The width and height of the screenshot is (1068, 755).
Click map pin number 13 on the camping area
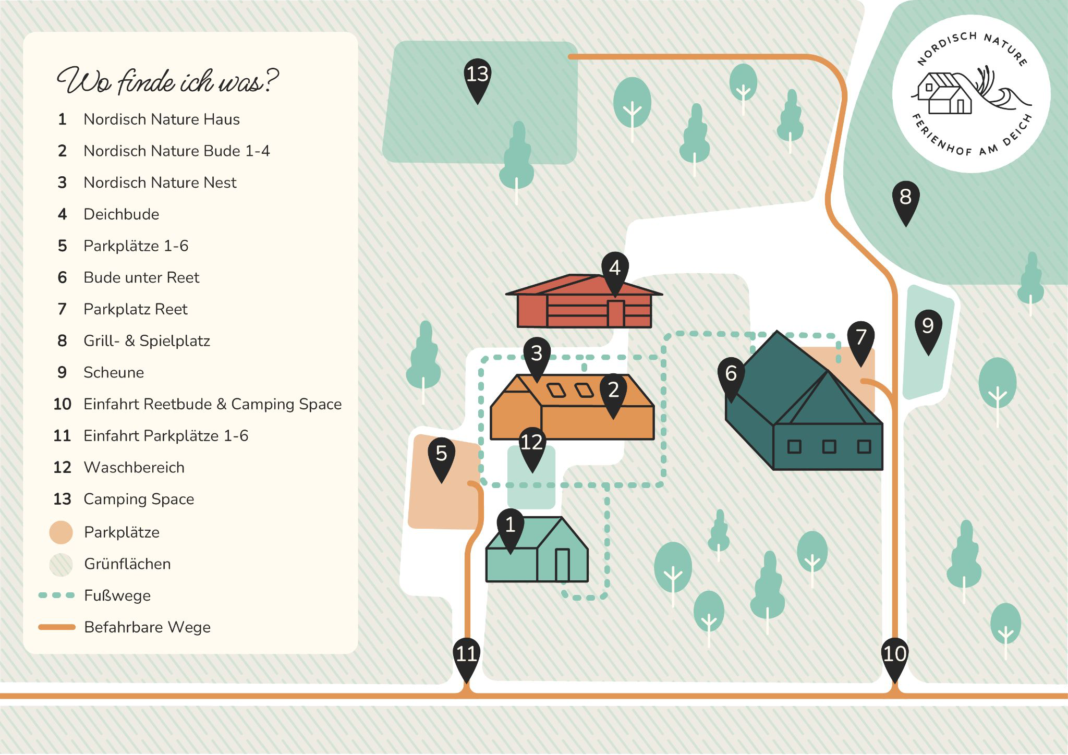click(x=477, y=81)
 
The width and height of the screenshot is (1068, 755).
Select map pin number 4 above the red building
click(x=615, y=274)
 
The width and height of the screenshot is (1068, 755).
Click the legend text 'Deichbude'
click(x=121, y=214)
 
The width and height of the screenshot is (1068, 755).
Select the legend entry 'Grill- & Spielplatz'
click(x=147, y=341)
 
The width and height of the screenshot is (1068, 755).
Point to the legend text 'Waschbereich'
click(x=134, y=468)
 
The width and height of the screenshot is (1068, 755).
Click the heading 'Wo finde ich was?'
click(x=167, y=81)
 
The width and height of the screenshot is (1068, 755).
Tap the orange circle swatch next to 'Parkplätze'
click(x=61, y=532)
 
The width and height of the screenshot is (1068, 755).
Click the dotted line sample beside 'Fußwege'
click(x=57, y=595)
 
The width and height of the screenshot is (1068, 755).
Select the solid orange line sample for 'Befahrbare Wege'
click(x=57, y=627)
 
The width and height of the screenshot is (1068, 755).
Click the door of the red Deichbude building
click(x=616, y=313)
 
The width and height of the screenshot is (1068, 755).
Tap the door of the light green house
click(x=562, y=565)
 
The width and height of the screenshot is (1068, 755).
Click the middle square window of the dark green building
click(x=829, y=447)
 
